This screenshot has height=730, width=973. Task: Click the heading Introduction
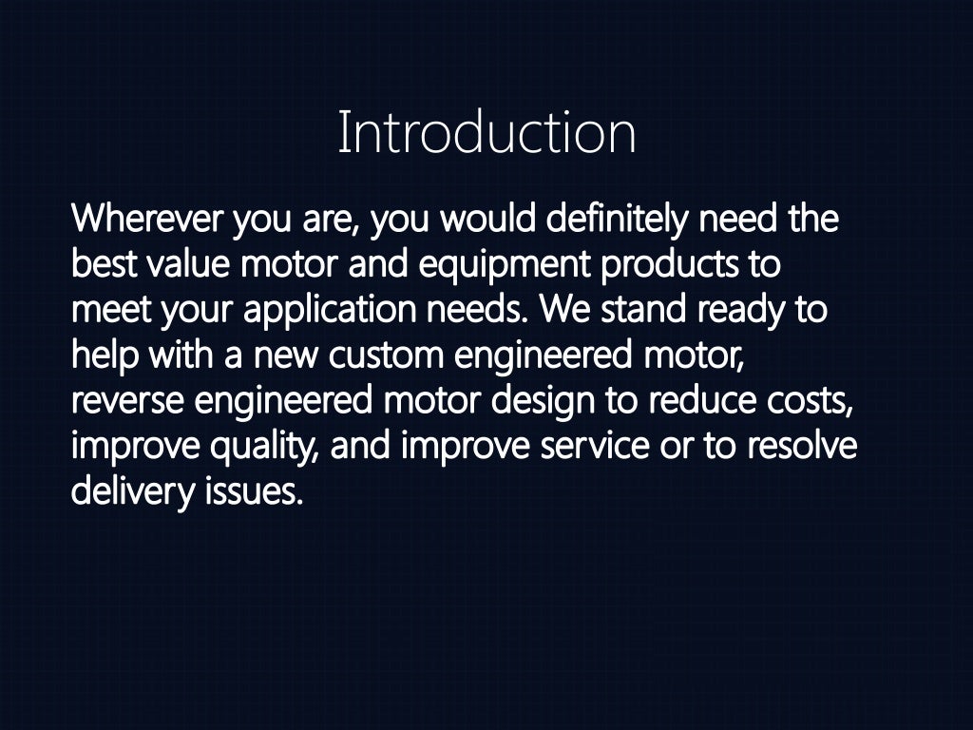486,133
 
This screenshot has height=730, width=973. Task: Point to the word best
104,265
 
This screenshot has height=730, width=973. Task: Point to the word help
104,355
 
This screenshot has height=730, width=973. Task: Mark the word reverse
127,400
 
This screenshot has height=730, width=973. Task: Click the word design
543,402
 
